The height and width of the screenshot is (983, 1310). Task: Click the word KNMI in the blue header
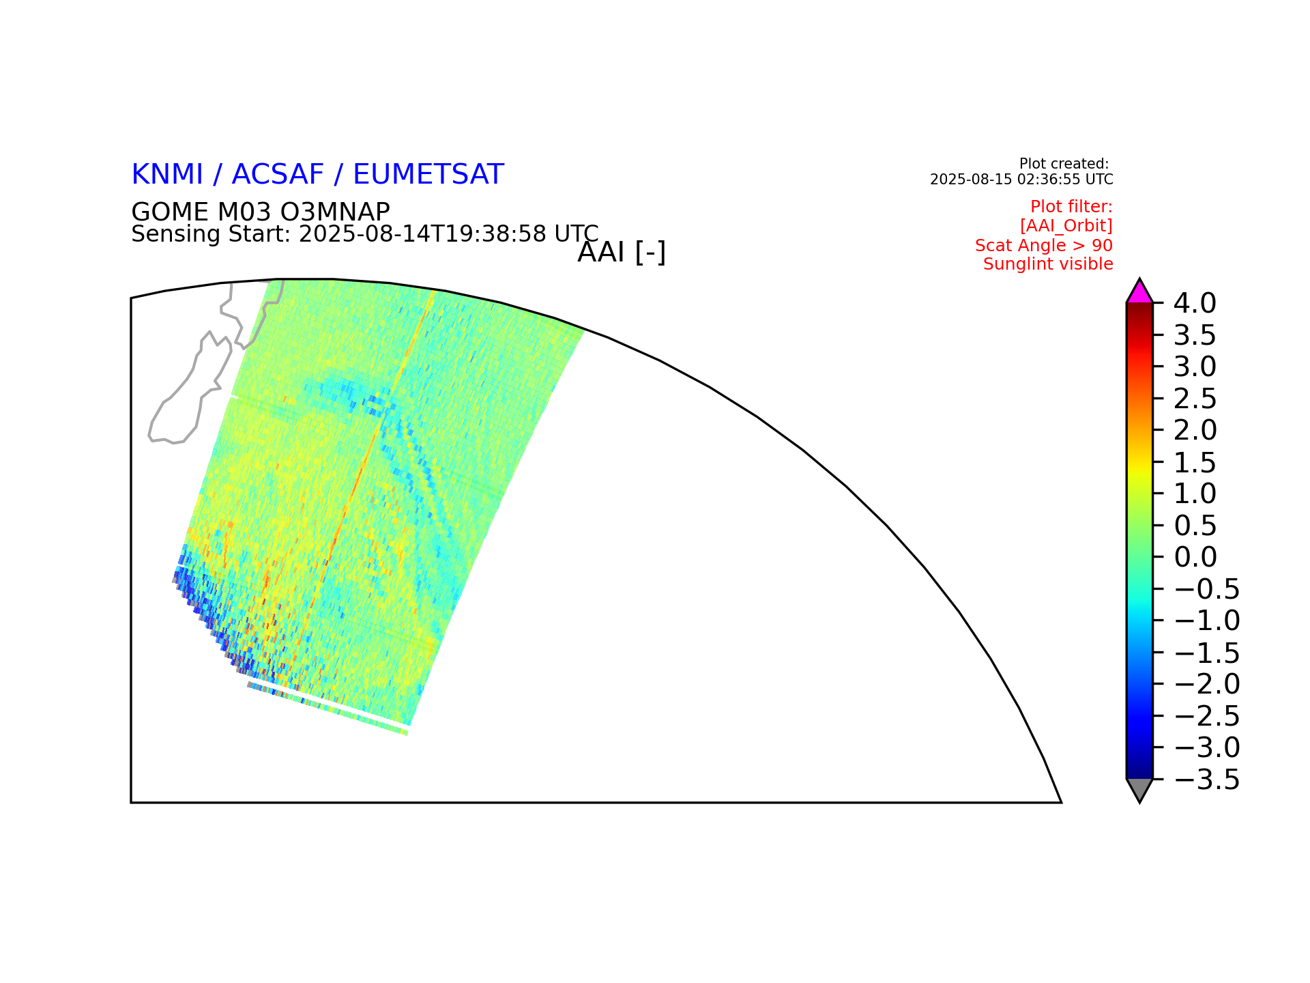[167, 175]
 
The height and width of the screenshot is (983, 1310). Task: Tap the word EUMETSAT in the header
[428, 175]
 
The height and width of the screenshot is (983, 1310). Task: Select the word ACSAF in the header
[278, 175]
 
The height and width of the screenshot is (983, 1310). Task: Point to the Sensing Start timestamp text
[365, 234]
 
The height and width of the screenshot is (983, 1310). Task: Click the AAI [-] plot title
[622, 253]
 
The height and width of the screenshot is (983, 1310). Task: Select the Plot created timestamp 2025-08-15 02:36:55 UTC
[1021, 180]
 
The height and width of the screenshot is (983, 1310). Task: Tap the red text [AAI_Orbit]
[1066, 225]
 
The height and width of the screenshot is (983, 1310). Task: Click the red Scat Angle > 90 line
[1044, 245]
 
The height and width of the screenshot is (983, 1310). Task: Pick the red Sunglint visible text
[1048, 264]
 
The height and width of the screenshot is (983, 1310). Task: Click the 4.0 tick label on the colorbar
[1195, 303]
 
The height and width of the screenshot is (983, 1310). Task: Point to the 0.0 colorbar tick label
[1195, 557]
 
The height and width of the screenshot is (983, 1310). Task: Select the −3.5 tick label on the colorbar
[1206, 780]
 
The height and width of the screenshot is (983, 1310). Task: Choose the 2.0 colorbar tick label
[1195, 430]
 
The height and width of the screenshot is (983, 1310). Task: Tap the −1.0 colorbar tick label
[1206, 621]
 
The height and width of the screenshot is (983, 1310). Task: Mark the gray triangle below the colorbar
[1139, 788]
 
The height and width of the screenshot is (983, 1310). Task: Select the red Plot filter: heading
[1071, 207]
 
